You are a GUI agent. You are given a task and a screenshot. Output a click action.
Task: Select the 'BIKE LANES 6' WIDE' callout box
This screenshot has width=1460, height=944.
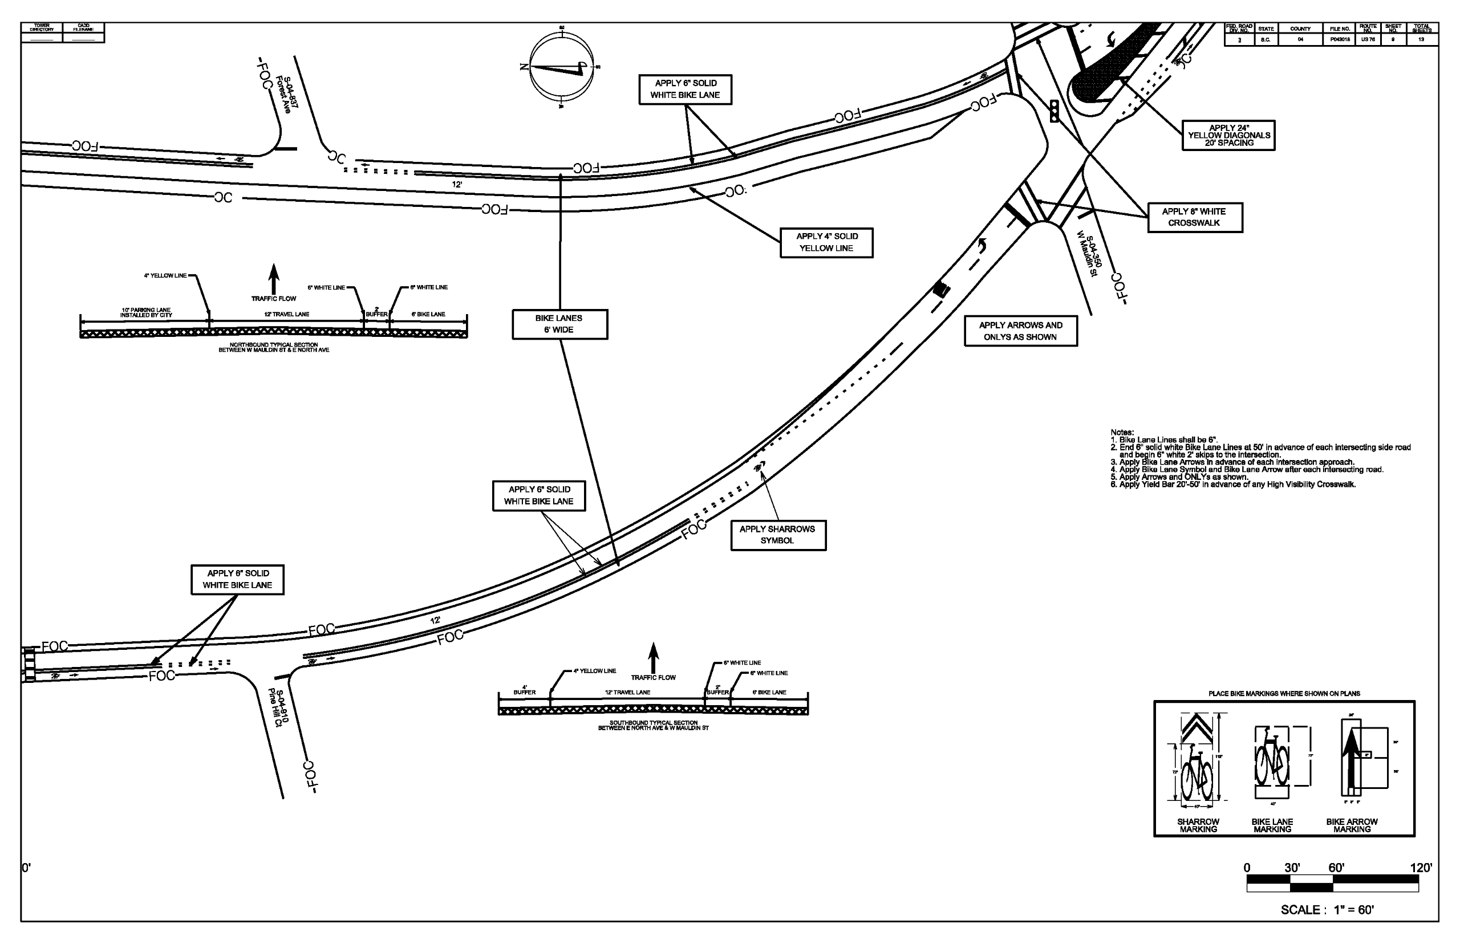pos(559,324)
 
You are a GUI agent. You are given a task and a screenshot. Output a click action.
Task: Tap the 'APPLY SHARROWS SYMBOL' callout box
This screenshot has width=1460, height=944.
pos(777,535)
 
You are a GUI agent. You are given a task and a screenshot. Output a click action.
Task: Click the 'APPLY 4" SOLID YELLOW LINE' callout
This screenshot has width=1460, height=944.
pos(826,242)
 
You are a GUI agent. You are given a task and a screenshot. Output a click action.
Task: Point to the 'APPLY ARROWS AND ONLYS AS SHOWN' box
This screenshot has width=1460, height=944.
pos(1020,331)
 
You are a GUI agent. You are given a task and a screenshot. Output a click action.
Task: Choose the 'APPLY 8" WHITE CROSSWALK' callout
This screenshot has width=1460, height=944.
pos(1194,217)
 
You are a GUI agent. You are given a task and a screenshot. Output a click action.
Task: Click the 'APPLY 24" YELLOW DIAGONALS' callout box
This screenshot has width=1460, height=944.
pos(1228,136)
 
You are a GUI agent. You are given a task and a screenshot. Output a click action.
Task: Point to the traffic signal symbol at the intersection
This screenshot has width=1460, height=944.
pos(1055,111)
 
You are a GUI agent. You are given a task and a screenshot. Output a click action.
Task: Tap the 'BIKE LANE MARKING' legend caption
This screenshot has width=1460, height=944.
pos(1272,825)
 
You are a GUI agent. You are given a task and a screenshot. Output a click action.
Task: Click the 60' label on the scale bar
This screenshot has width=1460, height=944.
pos(1337,868)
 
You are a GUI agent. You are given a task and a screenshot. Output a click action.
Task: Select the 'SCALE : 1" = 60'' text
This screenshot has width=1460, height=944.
pos(1327,910)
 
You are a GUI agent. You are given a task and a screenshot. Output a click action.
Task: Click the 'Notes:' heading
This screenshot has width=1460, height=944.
pos(1122,432)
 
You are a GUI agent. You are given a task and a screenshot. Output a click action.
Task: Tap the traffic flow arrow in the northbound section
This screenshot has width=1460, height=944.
pos(274,279)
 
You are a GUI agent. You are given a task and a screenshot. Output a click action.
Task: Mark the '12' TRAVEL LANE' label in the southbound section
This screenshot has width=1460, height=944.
pos(627,692)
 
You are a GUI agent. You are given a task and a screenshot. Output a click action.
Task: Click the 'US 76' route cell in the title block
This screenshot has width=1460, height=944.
pos(1368,39)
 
